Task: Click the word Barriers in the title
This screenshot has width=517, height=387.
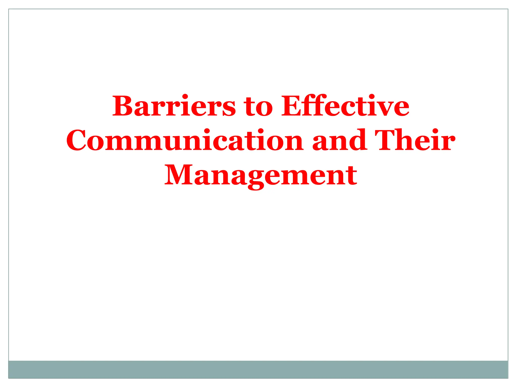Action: click(x=174, y=106)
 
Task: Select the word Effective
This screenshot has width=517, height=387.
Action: click(x=345, y=106)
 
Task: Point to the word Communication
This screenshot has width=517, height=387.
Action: click(x=185, y=140)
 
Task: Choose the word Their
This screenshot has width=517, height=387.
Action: click(x=415, y=140)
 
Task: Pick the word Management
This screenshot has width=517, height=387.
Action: click(x=261, y=176)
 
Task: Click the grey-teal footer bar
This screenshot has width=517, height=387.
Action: click(x=258, y=369)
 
